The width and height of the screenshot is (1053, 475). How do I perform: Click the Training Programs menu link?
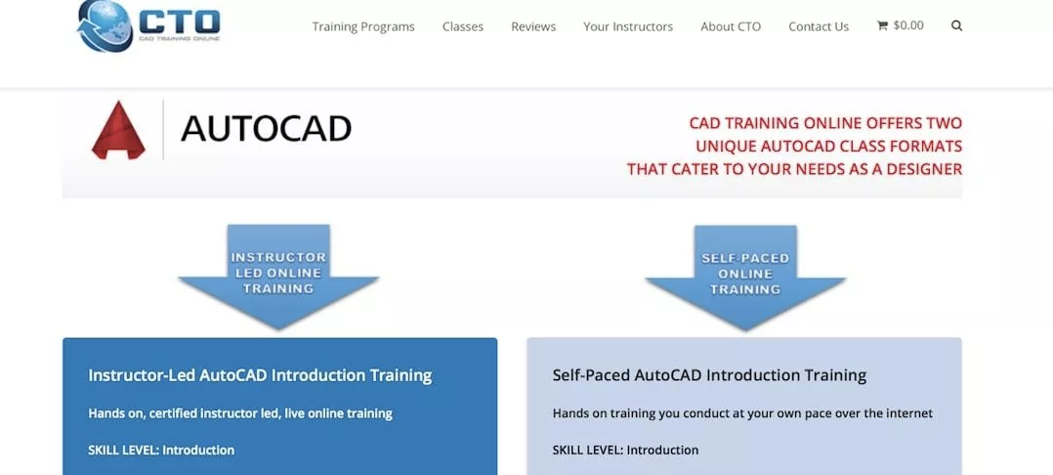click(363, 26)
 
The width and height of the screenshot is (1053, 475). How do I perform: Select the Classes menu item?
click(463, 26)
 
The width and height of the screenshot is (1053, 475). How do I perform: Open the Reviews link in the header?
click(533, 26)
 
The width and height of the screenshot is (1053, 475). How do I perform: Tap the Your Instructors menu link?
click(628, 26)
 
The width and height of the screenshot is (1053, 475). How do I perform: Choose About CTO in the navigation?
click(731, 26)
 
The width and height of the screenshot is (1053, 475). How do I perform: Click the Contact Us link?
click(819, 26)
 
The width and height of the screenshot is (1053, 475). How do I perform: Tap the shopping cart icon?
click(882, 25)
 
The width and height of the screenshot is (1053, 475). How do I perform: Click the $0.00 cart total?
click(908, 25)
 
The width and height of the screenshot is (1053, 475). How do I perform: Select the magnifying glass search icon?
click(957, 26)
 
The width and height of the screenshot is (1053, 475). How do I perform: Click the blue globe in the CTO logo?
click(105, 24)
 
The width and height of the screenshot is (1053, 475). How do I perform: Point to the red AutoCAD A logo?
click(118, 130)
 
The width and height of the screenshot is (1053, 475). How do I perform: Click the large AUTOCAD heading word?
click(266, 128)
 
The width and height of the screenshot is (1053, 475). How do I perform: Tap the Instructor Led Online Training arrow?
click(278, 277)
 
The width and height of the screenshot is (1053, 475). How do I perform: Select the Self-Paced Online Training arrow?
click(745, 277)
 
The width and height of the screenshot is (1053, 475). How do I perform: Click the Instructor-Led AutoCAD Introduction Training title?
click(260, 375)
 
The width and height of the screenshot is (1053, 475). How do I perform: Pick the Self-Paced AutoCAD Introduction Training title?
click(709, 375)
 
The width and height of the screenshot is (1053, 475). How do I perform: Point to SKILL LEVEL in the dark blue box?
click(123, 451)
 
